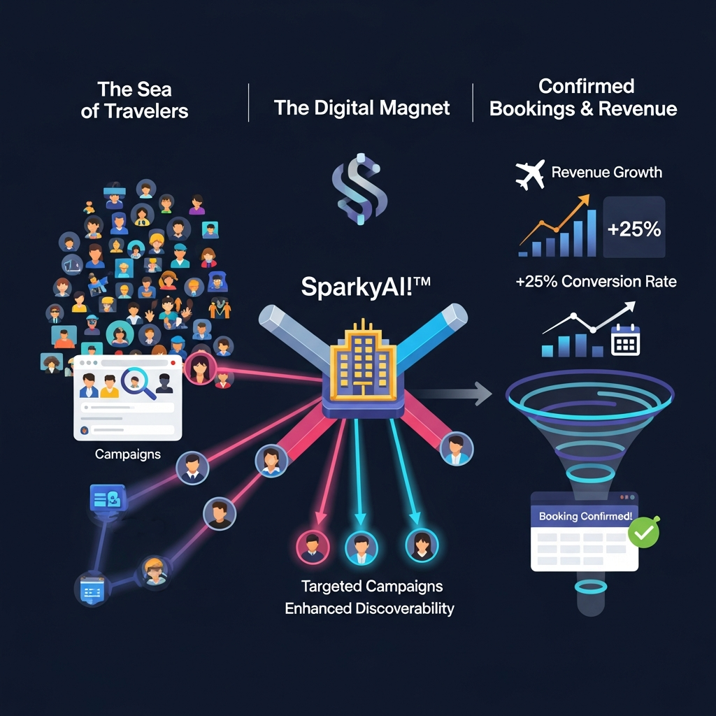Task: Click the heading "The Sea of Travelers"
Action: click(134, 99)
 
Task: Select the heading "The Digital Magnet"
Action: click(361, 108)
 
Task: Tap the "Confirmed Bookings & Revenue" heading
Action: click(582, 98)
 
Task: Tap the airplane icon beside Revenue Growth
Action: click(530, 175)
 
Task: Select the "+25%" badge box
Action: click(633, 228)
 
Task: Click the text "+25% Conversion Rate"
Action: click(596, 281)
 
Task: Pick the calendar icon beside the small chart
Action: click(625, 341)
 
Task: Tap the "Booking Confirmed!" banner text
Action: click(585, 517)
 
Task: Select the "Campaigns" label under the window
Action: click(127, 454)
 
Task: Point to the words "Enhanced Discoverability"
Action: click(369, 608)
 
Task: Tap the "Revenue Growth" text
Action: click(606, 172)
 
